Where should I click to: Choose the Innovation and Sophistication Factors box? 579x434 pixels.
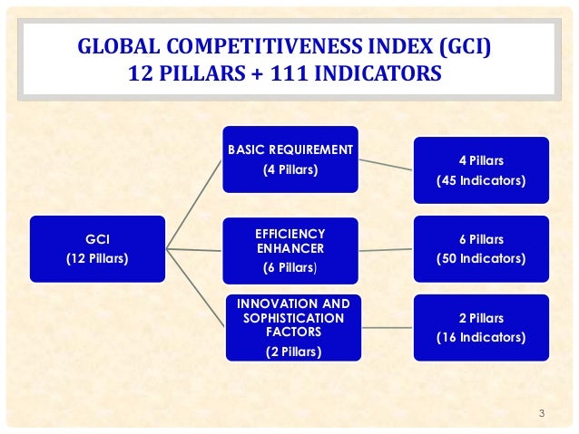click(290, 326)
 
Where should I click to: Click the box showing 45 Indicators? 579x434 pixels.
click(481, 169)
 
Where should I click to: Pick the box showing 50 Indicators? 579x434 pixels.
click(481, 248)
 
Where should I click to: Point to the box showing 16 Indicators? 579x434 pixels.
click(481, 327)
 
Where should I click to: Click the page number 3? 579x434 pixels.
click(541, 415)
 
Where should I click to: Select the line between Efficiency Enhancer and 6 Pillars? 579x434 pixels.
click(387, 249)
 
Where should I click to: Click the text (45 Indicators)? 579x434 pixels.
click(481, 179)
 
